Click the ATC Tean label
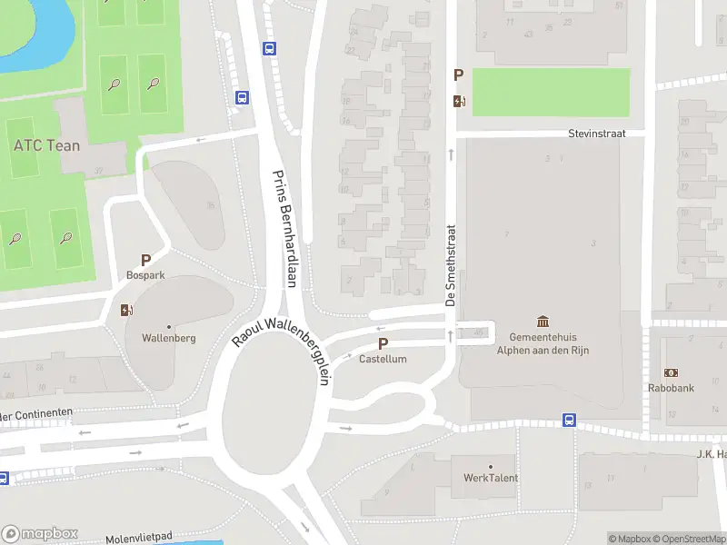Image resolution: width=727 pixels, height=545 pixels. click(46, 145)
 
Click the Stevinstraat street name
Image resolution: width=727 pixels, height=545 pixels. click(597, 133)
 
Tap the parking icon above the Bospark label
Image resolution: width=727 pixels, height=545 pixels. click(145, 260)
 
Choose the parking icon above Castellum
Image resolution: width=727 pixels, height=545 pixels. click(383, 344)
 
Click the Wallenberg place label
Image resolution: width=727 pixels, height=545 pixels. click(169, 338)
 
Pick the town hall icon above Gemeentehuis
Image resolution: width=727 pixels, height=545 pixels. click(543, 321)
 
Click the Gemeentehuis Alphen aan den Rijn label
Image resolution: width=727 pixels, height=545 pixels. click(543, 342)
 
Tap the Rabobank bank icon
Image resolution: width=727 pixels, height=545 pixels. click(672, 372)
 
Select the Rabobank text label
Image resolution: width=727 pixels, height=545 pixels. click(672, 388)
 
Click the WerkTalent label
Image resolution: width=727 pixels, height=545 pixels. click(490, 478)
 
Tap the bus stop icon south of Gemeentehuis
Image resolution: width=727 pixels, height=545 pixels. click(569, 420)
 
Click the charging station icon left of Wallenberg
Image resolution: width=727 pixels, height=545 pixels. click(125, 310)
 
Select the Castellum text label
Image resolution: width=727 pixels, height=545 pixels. click(383, 360)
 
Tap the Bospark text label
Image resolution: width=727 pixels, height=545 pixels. click(145, 273)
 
